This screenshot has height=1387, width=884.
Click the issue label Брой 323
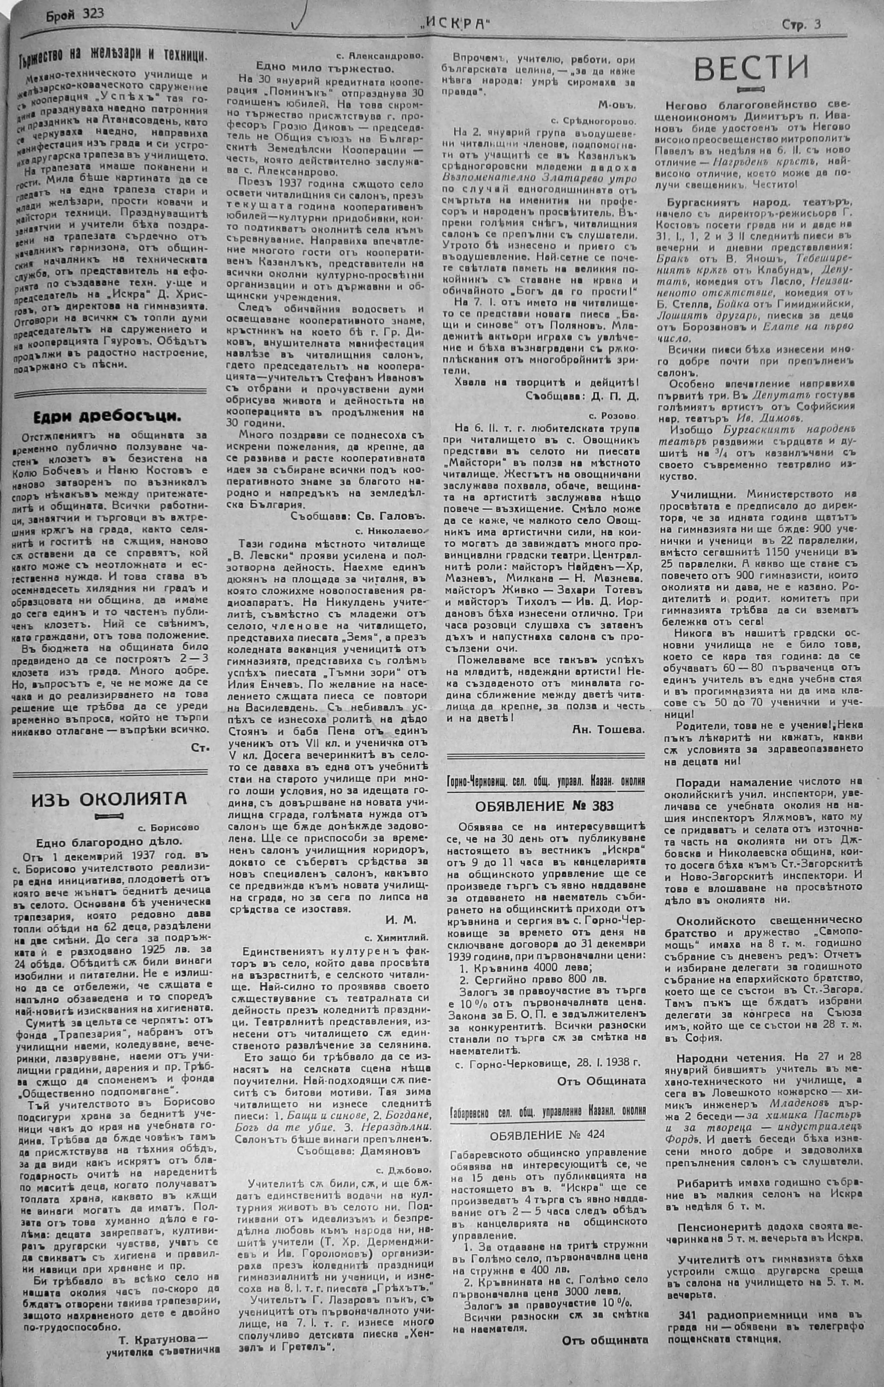(75, 13)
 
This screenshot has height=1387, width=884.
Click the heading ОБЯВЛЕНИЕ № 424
(547, 1134)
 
